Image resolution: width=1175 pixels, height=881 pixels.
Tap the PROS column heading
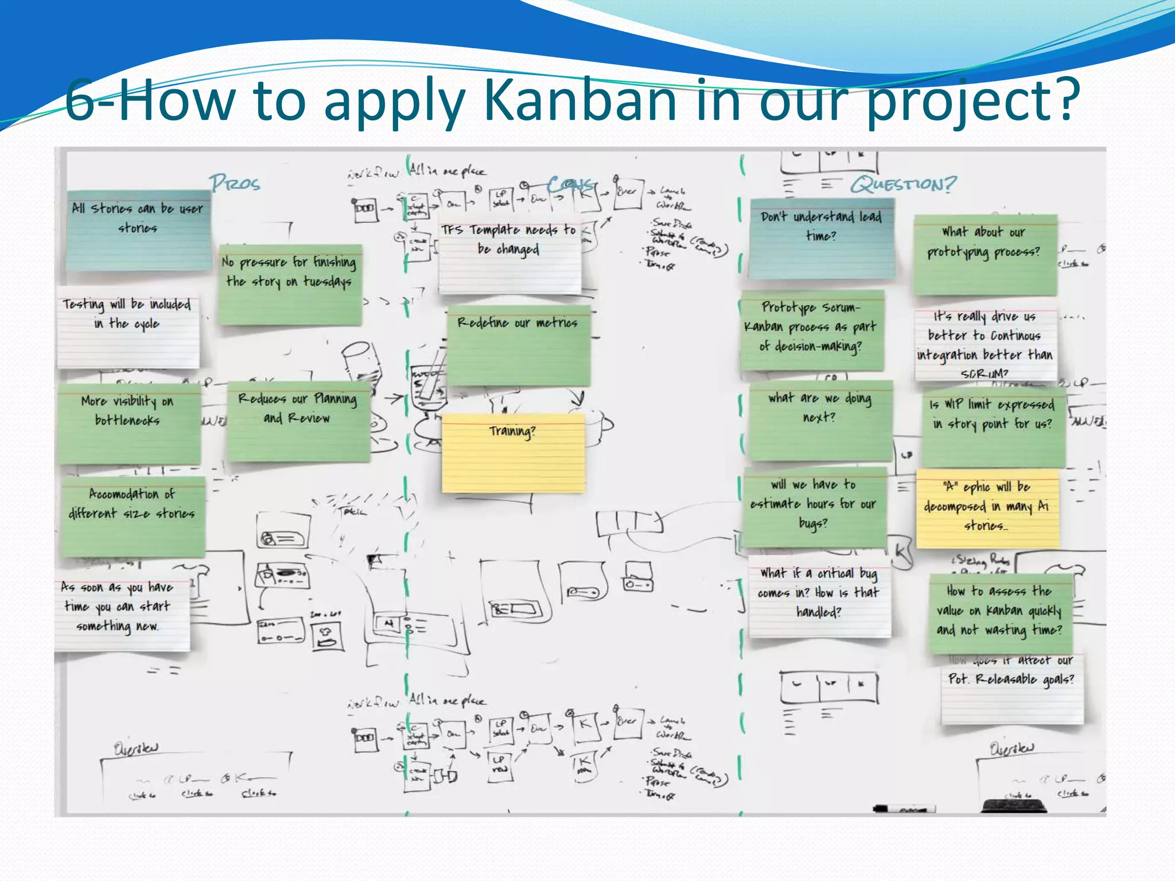235,184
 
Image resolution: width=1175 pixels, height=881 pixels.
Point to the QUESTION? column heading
903,185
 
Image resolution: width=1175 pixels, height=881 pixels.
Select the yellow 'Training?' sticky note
513,453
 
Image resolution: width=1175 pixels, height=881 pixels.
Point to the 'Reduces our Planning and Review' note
298,422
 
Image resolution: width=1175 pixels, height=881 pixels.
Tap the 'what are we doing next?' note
820,420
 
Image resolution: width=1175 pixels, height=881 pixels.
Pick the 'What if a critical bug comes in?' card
819,597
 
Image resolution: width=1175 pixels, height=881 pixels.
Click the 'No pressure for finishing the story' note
290,284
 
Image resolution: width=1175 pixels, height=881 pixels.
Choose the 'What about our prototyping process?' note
985,255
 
